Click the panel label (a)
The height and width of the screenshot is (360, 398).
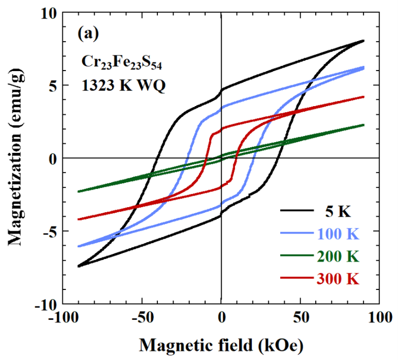tap(88, 34)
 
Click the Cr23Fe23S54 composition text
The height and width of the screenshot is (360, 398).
tap(122, 62)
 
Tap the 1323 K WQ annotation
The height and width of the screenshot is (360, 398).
tap(123, 85)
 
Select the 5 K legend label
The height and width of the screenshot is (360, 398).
tap(338, 211)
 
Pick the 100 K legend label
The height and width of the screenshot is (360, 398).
tap(338, 234)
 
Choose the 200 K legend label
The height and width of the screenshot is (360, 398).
tap(338, 256)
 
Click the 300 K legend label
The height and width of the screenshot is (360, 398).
tap(338, 278)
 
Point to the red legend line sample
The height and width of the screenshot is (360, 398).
tap(297, 278)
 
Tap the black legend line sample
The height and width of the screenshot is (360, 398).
tap(297, 210)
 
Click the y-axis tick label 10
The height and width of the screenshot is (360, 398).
tap(49, 13)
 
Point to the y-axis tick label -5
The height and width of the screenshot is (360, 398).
tap(50, 232)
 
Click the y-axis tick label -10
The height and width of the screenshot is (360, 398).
tap(46, 304)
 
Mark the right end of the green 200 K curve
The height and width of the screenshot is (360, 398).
tap(364, 125)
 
